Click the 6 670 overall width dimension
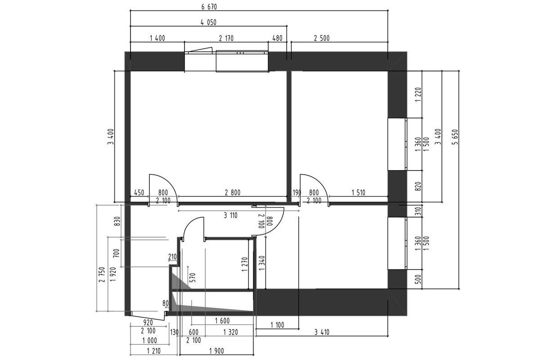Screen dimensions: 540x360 209,7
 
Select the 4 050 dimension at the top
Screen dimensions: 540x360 208,22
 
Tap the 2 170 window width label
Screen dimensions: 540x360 226,38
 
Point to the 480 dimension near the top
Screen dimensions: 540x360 277,38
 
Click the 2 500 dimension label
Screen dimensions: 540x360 322,38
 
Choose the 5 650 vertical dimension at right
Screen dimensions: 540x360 455,137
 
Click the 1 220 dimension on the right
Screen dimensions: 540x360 418,94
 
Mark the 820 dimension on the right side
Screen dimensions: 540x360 418,186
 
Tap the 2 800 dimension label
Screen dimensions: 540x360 233,193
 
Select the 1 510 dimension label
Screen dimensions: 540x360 359,193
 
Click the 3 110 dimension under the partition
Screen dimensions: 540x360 231,215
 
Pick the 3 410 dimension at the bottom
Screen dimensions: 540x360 322,332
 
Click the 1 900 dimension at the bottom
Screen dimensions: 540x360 217,351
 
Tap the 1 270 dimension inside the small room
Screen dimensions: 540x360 245,264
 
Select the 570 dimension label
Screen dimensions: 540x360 193,278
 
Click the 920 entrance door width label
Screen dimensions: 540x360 148,322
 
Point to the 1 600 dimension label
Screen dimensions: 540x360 222,321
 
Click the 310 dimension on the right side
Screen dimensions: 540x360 418,211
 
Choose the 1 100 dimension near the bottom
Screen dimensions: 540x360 277,325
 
